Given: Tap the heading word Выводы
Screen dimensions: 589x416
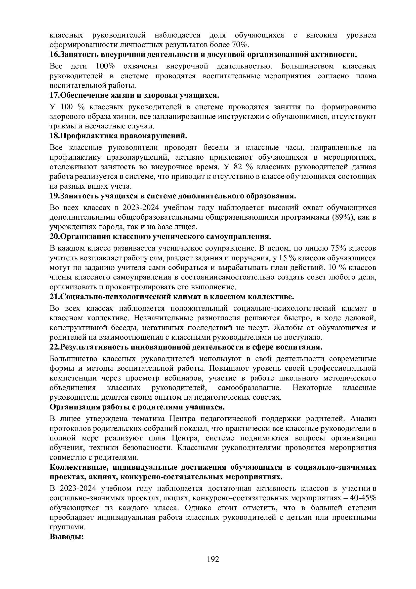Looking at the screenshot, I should (x=67, y=537).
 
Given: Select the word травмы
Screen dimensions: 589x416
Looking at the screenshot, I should (x=60, y=126).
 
